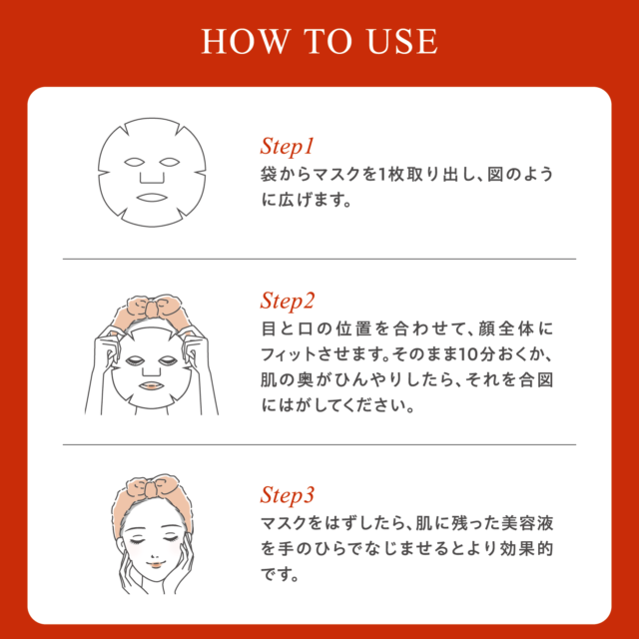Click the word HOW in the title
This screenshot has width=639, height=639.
pos(245,42)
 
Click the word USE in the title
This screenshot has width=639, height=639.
pos(403,42)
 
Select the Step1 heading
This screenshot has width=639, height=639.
pos(287,147)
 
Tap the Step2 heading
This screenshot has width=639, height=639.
pos(288,302)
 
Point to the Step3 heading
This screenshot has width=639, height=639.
pos(288,495)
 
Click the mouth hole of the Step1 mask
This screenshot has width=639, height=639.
pos(152,198)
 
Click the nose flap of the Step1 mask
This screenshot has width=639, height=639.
pos(152,178)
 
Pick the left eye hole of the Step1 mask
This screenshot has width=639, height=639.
pos(135,162)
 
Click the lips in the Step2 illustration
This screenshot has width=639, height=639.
pos(151,385)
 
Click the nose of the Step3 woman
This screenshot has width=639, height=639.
pos(155,557)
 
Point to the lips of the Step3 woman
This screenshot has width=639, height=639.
pos(155,565)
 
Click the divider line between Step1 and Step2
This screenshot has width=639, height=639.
pos(319,259)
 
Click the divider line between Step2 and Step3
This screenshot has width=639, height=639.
pos(319,444)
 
